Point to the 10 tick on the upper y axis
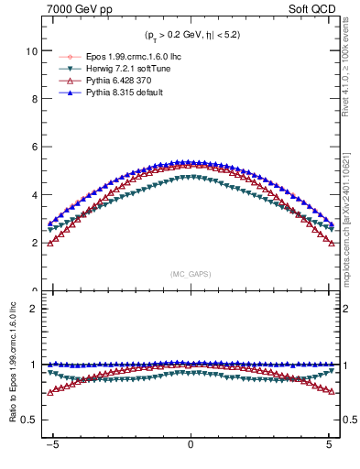tap(31, 52)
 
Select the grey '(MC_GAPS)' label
tap(191, 273)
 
